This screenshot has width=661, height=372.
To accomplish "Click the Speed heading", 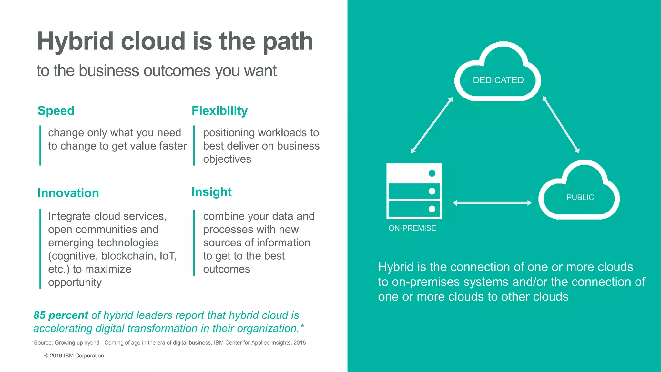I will [x=56, y=111].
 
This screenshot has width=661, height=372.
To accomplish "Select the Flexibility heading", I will [x=219, y=111].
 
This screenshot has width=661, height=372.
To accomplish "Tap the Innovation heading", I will [x=68, y=193].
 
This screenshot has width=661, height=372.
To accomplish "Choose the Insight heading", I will [x=211, y=192].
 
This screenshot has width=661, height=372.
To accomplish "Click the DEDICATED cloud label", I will [x=498, y=80].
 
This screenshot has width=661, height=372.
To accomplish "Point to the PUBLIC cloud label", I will [x=580, y=197].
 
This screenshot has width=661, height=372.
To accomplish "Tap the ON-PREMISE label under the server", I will [x=412, y=228].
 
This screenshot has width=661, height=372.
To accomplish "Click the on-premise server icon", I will [x=414, y=191].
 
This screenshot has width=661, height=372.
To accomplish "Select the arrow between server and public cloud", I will [x=492, y=203].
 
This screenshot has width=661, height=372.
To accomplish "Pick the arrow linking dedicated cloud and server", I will [x=432, y=125].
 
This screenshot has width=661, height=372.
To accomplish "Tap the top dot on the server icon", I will [x=432, y=173].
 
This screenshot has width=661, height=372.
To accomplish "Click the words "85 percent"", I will [x=61, y=315].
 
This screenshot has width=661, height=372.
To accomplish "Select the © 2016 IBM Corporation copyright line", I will [x=74, y=356].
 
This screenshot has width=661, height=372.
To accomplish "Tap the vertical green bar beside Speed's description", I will [x=40, y=145].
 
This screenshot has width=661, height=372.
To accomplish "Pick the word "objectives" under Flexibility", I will [x=227, y=159].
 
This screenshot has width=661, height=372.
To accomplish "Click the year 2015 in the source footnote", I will [x=300, y=343].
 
